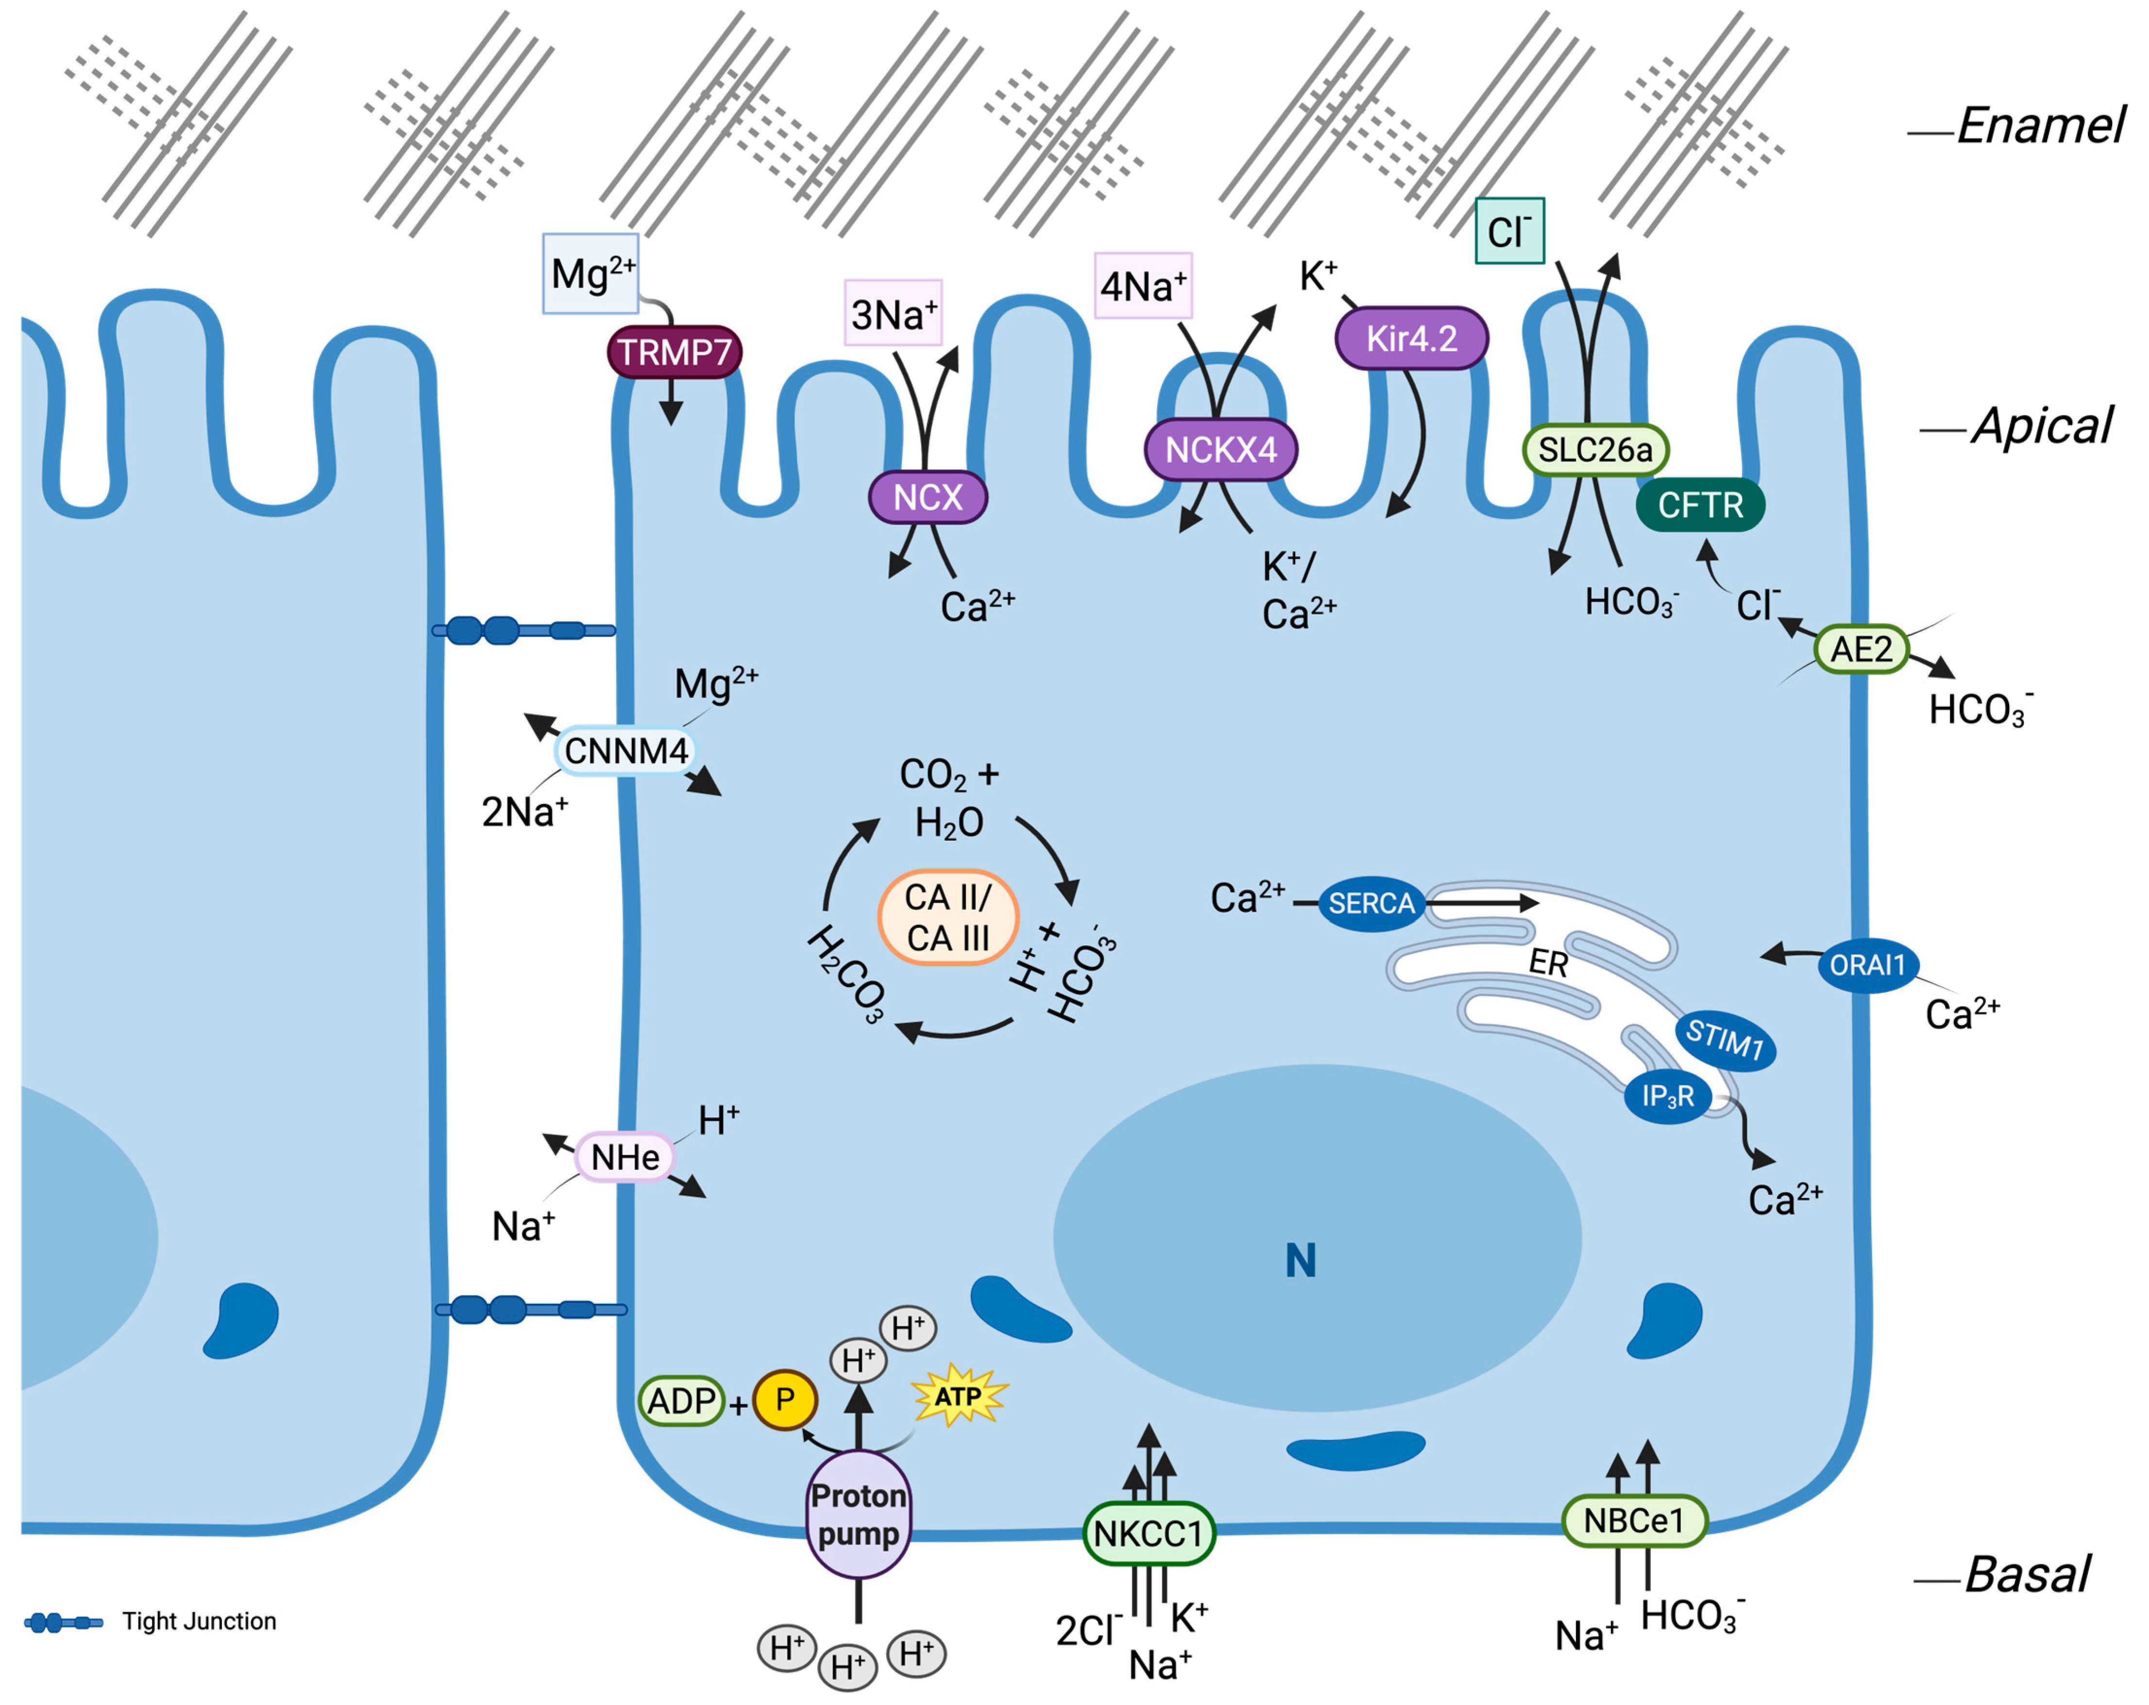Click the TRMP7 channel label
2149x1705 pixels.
(674, 352)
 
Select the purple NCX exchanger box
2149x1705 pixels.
(927, 496)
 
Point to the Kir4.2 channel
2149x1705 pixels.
(1410, 338)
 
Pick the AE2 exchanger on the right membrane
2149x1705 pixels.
(1860, 649)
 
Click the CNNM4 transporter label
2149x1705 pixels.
(625, 751)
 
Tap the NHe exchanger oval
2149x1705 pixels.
(625, 1157)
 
